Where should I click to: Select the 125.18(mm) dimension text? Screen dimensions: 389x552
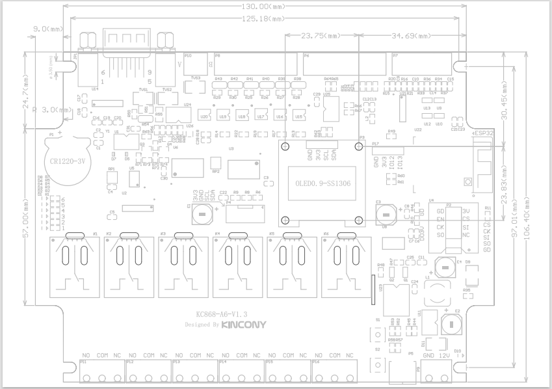257,19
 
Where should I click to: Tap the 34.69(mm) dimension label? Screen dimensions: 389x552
412,36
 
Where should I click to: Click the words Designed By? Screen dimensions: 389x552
200,324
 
